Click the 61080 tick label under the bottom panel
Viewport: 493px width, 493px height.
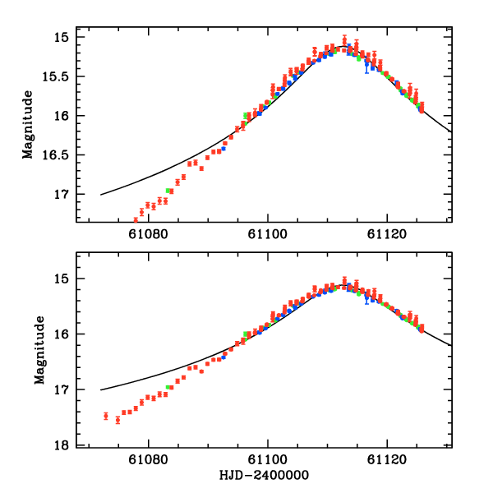coord(149,460)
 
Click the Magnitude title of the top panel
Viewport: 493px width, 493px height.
coord(29,125)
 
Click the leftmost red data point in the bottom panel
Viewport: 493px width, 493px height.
coord(106,416)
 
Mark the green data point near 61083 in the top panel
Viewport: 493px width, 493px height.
coord(168,191)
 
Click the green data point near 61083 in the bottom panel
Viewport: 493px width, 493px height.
coord(168,387)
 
